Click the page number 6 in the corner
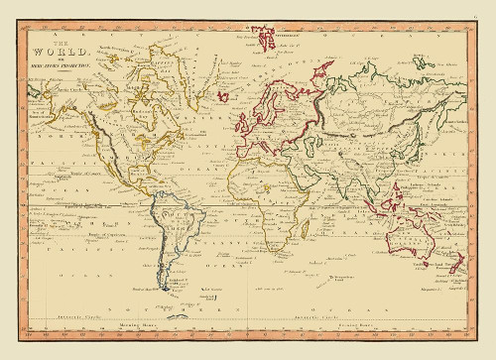487,8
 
